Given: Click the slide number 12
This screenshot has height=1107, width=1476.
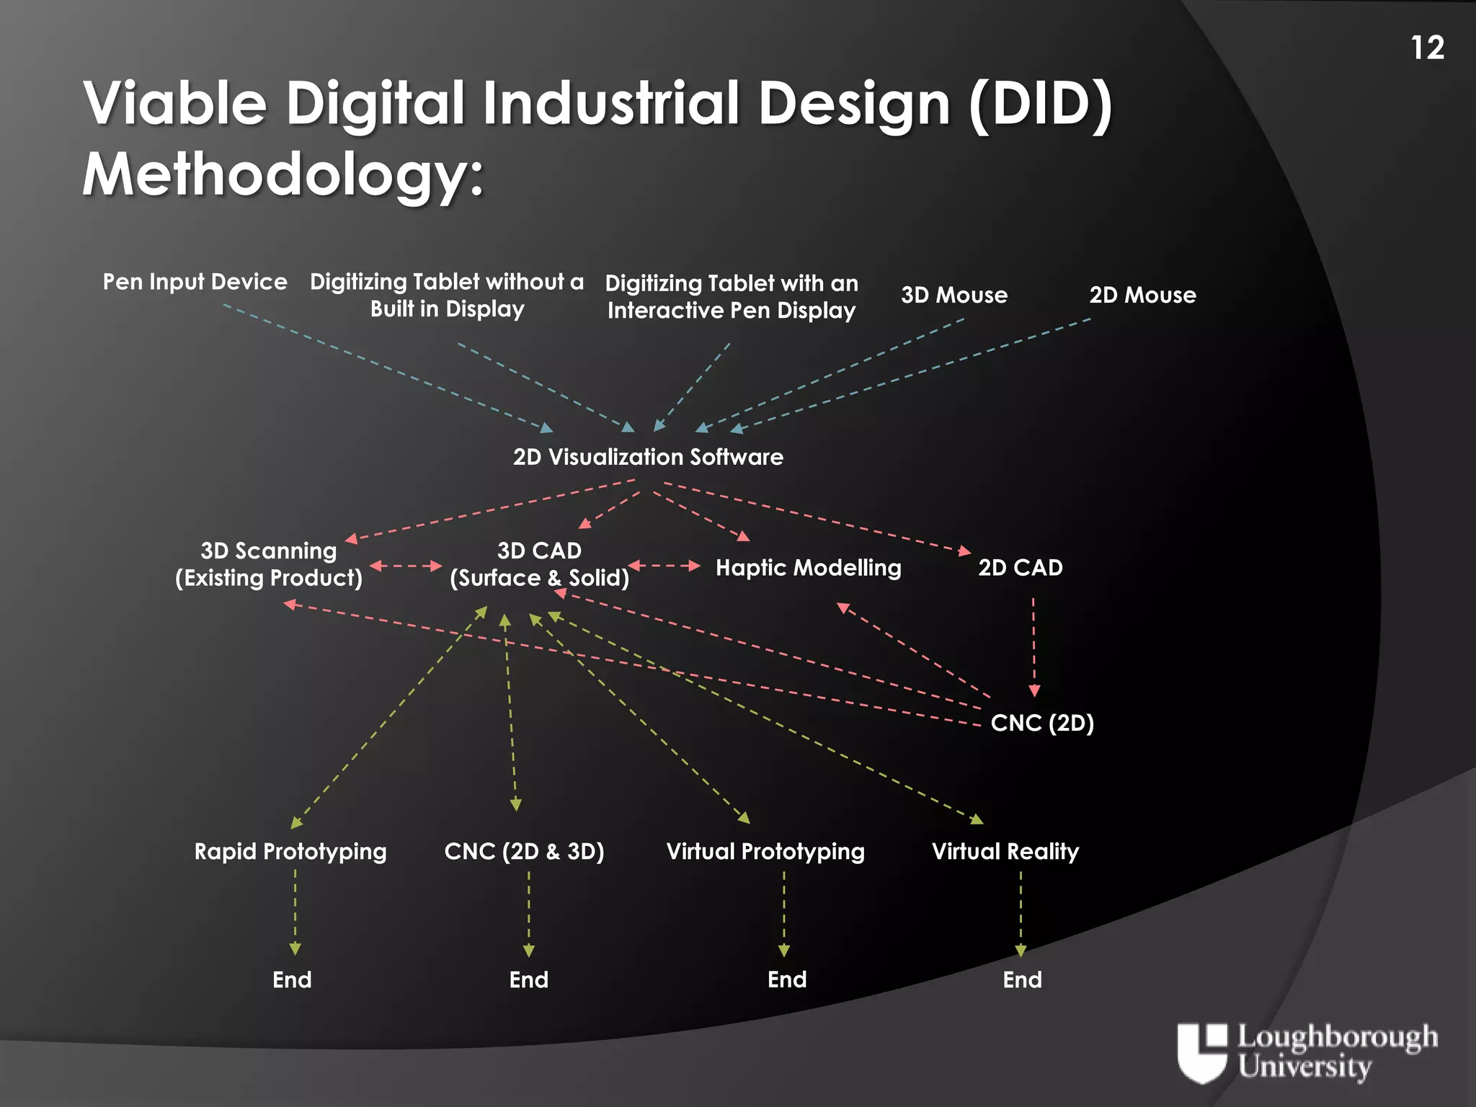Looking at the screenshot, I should coord(1427,48).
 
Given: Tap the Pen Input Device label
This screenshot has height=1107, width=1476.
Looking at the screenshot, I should coord(195,282).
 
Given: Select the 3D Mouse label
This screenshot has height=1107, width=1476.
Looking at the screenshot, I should coord(954,295).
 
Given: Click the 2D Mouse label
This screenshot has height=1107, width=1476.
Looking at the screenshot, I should coord(1142,295).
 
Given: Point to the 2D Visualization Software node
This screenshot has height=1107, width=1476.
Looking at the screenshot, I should coord(648,457).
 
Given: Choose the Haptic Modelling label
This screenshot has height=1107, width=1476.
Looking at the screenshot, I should coord(808,568).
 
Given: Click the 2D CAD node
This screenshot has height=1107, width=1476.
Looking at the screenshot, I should coord(1020,568).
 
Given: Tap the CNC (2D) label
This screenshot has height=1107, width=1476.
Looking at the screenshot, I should coord(1042,723).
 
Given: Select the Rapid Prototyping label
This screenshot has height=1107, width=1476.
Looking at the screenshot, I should coord(290,852).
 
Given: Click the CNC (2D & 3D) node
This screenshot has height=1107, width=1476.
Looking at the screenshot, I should coord(524,852).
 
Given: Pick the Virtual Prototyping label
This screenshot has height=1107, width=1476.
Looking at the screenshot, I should coord(765,852).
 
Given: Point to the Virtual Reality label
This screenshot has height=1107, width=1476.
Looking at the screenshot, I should coord(1005,852).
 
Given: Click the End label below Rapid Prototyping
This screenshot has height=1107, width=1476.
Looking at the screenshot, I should coord(292,980).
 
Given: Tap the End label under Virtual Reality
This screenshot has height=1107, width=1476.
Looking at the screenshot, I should coord(1022,980).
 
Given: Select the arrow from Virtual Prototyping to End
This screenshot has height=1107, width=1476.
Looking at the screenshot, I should coord(784,914).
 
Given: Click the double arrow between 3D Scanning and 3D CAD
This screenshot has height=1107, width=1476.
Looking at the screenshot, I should coord(406,566).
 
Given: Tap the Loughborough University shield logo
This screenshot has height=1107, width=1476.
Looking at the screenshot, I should coord(1201,1052).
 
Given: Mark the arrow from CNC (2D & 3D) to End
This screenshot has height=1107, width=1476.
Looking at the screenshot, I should coord(528,914).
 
